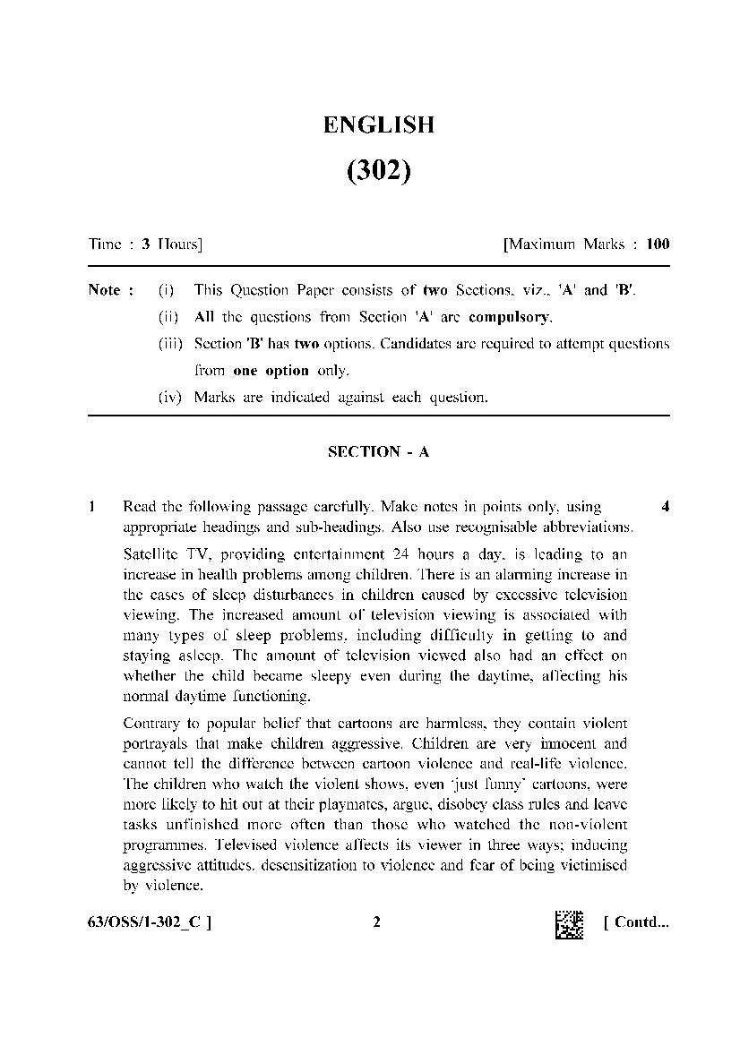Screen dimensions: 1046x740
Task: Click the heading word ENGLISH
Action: point(378,125)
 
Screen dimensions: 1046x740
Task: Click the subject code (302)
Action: point(378,170)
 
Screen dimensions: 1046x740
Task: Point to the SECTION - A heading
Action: point(378,452)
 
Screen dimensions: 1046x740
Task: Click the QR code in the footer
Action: point(569,924)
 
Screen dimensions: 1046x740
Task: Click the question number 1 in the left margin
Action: point(92,508)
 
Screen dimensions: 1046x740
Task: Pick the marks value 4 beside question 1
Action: point(665,508)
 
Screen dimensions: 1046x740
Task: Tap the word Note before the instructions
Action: point(106,290)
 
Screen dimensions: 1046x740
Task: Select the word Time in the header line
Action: point(104,244)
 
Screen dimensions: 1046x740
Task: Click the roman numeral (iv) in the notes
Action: point(169,398)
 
